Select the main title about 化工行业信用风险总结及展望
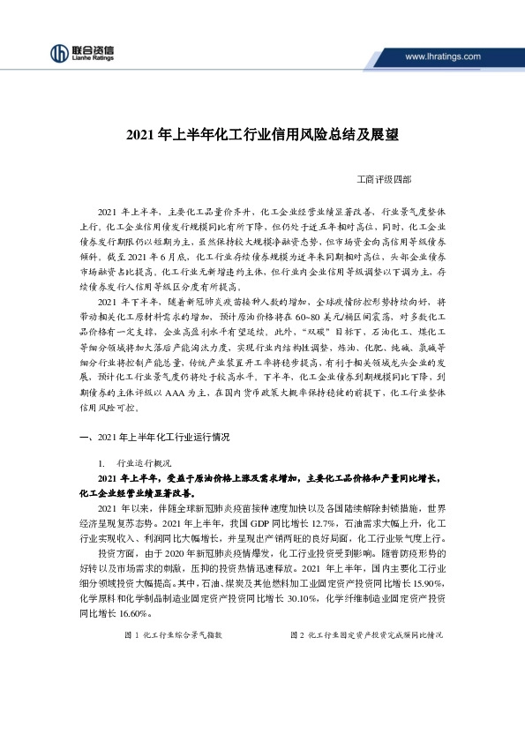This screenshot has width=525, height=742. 262,136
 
